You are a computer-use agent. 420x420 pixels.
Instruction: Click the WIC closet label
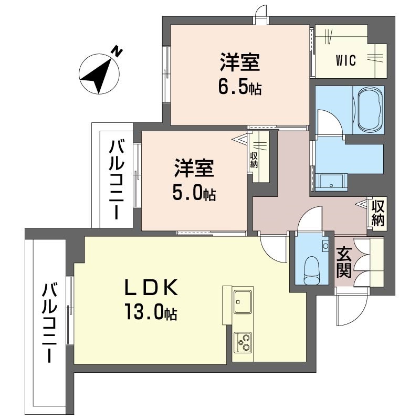coord(346,60)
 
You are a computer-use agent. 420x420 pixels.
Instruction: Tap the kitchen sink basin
coord(243,301)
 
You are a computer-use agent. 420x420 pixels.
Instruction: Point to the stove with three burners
coord(243,343)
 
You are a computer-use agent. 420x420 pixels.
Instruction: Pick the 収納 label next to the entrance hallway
coord(377,213)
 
